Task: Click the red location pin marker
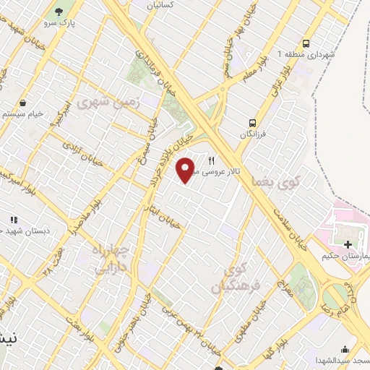(x=186, y=170)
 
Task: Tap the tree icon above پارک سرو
(x=58, y=12)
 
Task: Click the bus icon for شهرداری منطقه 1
(x=306, y=43)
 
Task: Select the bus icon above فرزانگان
(x=253, y=122)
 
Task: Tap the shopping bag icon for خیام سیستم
(x=25, y=103)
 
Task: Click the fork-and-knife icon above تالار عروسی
(x=212, y=161)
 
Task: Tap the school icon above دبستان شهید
(x=13, y=219)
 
